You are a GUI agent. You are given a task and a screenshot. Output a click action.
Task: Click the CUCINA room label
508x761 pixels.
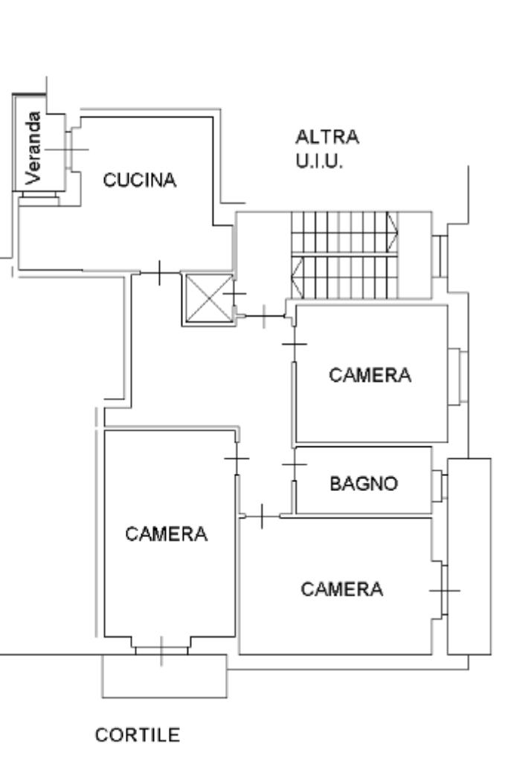[140, 180]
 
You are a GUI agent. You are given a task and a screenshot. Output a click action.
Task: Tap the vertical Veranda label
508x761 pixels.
[32, 147]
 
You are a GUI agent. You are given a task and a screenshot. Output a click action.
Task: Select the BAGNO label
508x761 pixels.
[364, 484]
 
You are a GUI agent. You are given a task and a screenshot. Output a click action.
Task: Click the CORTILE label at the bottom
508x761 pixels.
[138, 735]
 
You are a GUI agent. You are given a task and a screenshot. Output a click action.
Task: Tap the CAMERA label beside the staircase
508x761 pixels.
[370, 375]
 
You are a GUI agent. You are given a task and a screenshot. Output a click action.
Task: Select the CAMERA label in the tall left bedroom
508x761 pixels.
[166, 533]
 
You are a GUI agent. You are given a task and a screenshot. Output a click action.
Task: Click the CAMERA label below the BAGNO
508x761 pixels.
[342, 589]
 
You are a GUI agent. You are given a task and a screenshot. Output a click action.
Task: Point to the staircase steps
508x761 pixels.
[344, 254]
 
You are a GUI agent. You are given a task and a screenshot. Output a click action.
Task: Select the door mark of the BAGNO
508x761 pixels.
[295, 466]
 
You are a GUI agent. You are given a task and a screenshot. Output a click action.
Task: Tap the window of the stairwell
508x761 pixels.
[438, 255]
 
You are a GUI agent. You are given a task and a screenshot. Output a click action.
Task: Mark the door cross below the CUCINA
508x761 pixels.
[160, 273]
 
